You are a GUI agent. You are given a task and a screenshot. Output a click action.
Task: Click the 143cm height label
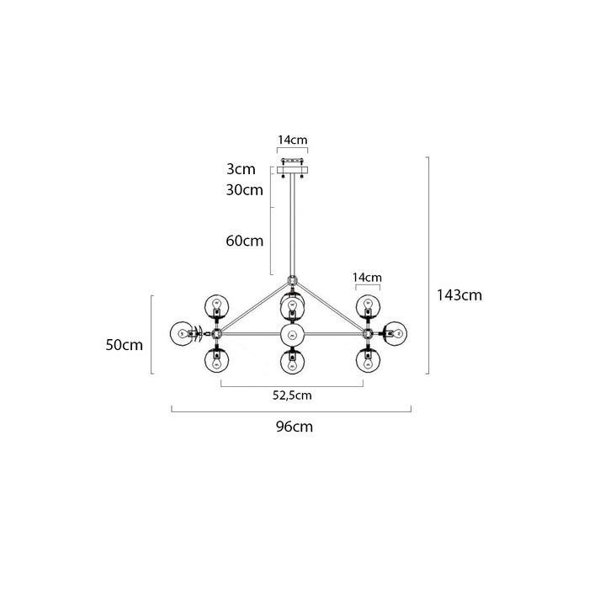[x=459, y=295]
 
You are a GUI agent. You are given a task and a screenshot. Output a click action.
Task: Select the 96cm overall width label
[x=294, y=427]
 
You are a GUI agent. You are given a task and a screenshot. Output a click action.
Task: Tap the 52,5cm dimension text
[x=292, y=395]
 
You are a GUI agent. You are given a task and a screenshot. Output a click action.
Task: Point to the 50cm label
[x=124, y=345]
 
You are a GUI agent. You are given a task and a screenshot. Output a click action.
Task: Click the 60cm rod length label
[x=245, y=241]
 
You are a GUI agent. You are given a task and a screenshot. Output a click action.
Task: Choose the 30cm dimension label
[x=245, y=190]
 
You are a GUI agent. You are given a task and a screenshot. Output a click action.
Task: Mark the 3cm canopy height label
[x=241, y=169]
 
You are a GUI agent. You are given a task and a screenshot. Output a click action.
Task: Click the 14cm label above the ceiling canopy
[x=292, y=140]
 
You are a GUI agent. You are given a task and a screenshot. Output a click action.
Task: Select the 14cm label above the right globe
[x=367, y=278]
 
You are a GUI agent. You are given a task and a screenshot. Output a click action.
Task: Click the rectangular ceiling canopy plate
[x=292, y=170]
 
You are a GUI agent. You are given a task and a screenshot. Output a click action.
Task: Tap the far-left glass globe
[x=183, y=333]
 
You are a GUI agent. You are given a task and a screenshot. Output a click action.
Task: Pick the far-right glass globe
[x=396, y=333]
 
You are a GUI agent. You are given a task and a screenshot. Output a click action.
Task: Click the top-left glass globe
[x=216, y=305]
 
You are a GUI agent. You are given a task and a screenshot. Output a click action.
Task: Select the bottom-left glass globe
[x=216, y=361]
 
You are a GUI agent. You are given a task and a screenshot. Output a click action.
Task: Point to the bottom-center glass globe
[x=292, y=362]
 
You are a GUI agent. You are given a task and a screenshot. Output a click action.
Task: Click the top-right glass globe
[x=368, y=305]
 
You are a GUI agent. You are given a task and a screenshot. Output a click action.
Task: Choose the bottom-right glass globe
[x=368, y=361]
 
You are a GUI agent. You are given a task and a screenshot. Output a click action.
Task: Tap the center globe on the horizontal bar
[x=292, y=334]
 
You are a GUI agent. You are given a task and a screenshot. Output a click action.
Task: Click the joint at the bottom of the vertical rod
[x=292, y=280]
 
